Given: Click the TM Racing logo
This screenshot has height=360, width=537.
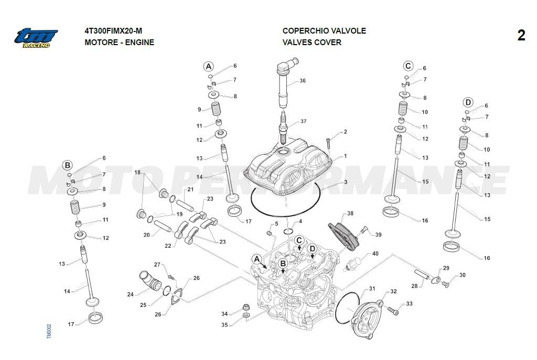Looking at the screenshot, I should (36, 38).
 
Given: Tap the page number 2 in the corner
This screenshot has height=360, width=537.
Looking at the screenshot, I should (521, 36).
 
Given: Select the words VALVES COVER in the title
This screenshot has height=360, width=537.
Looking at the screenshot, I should (312, 43).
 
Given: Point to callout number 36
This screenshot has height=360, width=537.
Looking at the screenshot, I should (303, 81).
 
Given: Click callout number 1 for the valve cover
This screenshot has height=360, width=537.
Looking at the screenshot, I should (345, 156).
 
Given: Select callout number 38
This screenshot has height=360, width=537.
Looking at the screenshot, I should (350, 214).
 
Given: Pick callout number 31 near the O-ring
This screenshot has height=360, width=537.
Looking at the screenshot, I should (372, 289).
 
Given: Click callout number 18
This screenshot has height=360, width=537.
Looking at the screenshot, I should (137, 172).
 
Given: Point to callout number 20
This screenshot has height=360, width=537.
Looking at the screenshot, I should (147, 235).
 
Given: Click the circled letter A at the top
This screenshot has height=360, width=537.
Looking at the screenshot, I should (209, 66).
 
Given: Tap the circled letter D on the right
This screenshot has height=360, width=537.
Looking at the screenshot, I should (468, 102).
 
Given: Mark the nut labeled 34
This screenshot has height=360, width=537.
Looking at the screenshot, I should (244, 307).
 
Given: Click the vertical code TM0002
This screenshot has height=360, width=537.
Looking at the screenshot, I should (49, 331).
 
